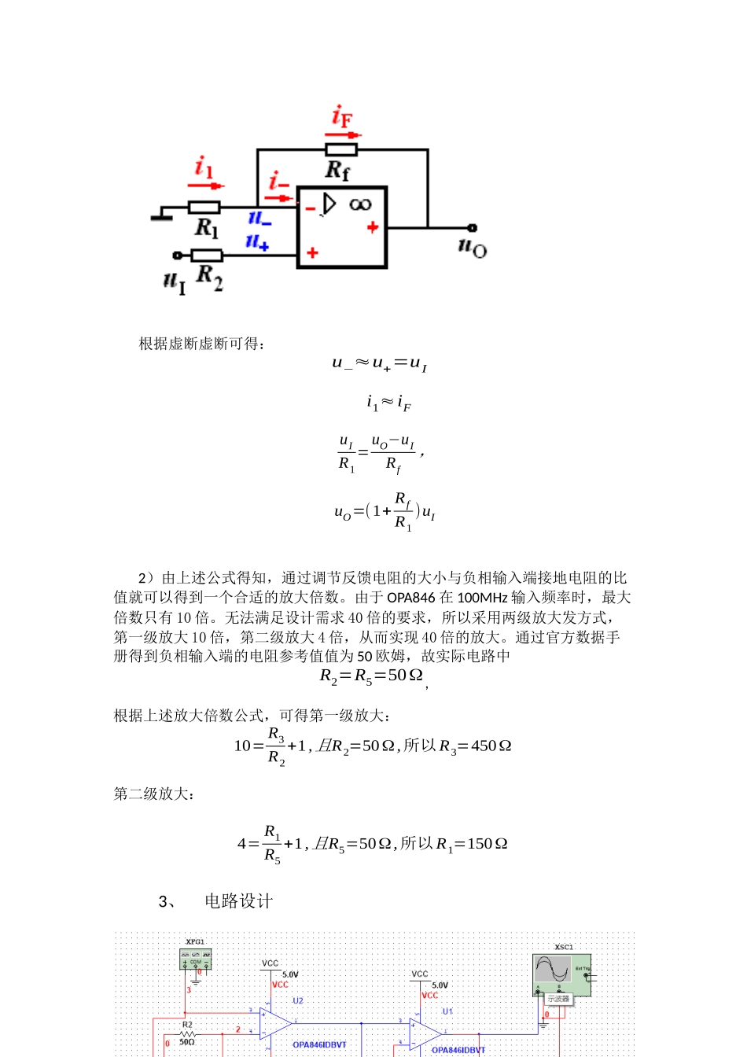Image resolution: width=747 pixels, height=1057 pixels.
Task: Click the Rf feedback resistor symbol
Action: [x=341, y=149]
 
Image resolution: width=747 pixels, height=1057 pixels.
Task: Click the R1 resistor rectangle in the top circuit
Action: [x=204, y=208]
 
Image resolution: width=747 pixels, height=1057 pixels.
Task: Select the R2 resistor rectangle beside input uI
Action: [x=207, y=255]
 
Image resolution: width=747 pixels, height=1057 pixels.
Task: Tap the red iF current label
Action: [x=342, y=117]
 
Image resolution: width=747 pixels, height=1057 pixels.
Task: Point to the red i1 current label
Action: [x=204, y=168]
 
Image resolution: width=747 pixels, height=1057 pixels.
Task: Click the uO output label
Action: [x=473, y=248]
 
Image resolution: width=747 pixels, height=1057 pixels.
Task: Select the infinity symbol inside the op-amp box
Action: [x=360, y=204]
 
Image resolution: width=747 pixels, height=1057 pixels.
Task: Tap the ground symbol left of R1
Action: [x=162, y=213]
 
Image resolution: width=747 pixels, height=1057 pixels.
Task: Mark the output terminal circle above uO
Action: [x=472, y=228]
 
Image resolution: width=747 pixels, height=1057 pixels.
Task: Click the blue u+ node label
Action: [x=257, y=241]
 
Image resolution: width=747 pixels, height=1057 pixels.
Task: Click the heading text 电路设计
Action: [x=239, y=901]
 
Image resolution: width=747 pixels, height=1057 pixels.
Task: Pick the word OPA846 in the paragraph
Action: [x=410, y=598]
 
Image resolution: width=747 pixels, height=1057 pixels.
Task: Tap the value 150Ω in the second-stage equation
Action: [x=488, y=844]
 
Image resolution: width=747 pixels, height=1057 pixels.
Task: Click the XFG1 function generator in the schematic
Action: [x=195, y=959]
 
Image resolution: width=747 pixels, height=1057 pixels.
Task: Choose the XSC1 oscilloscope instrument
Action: [x=561, y=976]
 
